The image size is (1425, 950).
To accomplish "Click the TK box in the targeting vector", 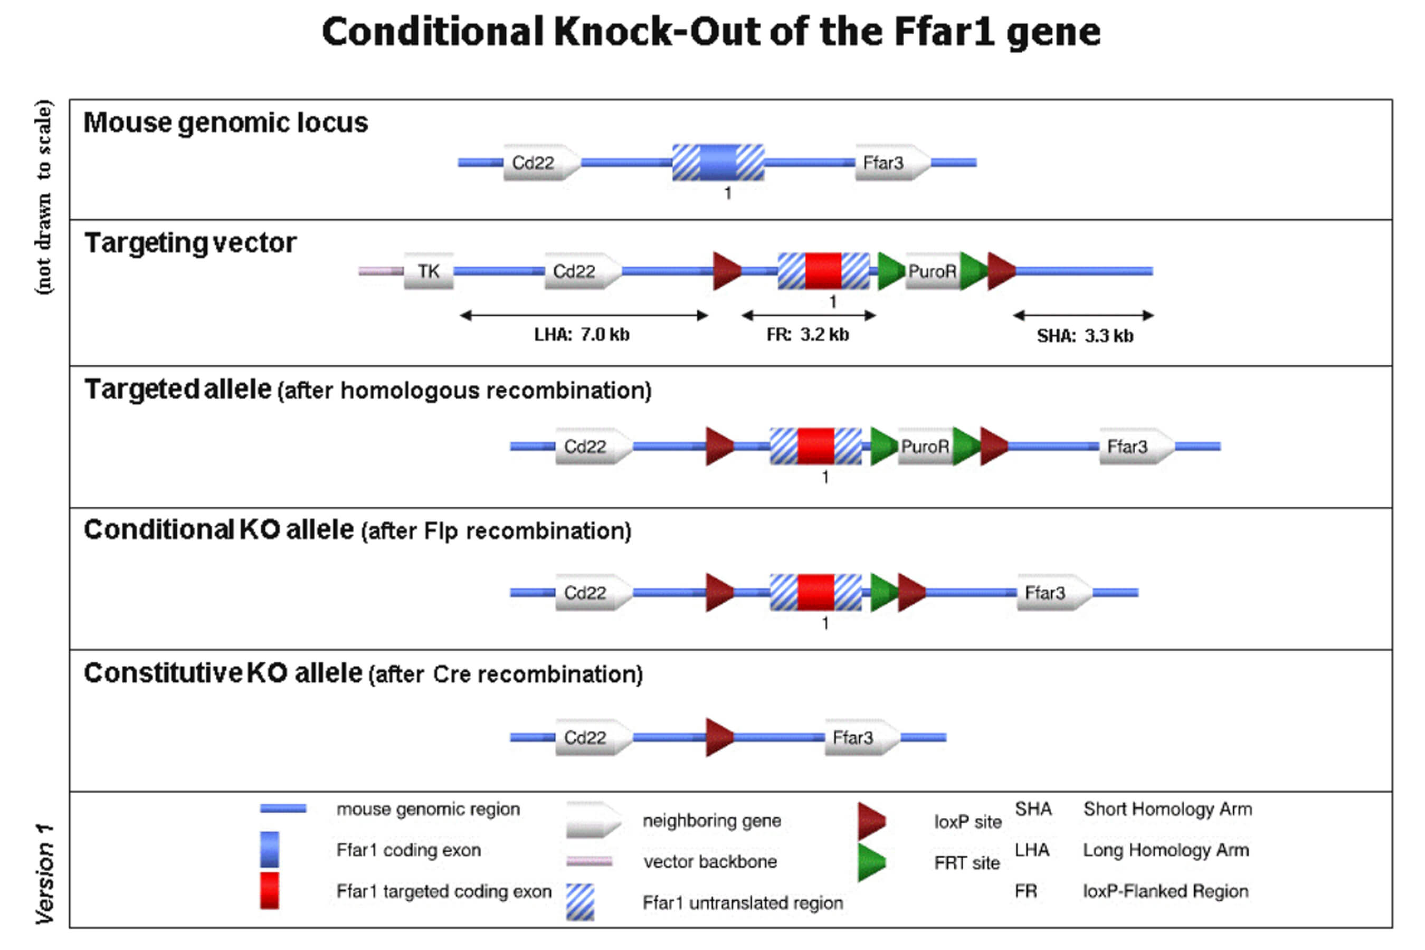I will (x=429, y=271).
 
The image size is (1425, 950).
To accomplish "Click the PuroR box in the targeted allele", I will (x=925, y=446).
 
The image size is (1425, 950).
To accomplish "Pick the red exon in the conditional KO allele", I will (x=815, y=593).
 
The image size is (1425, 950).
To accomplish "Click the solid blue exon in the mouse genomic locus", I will (x=718, y=163).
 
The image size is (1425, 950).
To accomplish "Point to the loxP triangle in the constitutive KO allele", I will (x=719, y=737).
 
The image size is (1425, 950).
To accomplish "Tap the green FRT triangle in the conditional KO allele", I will (x=883, y=593).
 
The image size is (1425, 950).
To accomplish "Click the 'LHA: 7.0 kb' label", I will (x=582, y=335).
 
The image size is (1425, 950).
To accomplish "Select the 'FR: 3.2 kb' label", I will (x=807, y=335).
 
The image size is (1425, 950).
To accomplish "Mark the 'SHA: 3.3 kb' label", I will (x=1085, y=336).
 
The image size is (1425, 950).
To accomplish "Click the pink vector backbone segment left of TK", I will (x=381, y=271).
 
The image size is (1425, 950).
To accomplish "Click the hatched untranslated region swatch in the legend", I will (x=580, y=902).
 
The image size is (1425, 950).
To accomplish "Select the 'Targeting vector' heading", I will (x=190, y=243).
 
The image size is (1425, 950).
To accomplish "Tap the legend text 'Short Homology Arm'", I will (x=1167, y=810).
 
